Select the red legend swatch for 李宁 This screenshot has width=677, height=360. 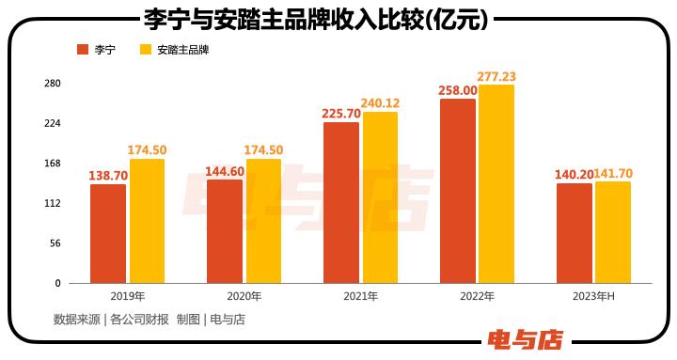[82, 50]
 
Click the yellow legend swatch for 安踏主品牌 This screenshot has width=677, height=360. [146, 50]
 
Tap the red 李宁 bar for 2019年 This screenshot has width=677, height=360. [108, 233]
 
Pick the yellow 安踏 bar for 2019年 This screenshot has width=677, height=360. [147, 221]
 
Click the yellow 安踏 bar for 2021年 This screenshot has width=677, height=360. [380, 197]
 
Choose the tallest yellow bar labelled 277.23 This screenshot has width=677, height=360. [496, 184]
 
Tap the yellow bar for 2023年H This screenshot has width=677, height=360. [612, 232]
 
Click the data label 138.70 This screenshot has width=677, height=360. [108, 175]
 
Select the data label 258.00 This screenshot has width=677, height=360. [457, 89]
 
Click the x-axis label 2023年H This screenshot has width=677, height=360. [592, 296]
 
